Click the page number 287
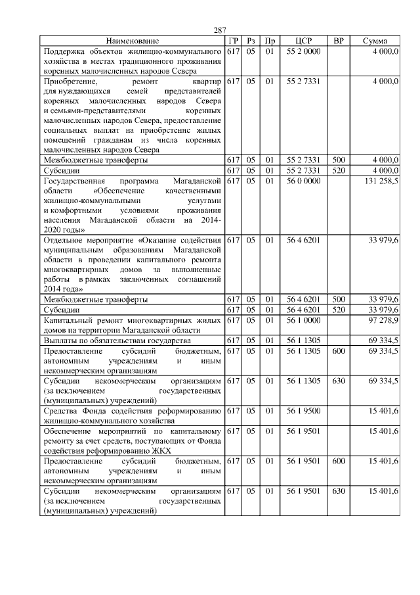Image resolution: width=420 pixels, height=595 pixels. click(220, 31)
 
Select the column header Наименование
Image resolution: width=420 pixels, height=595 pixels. click(132, 41)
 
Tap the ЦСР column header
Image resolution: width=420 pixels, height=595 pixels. click(303, 41)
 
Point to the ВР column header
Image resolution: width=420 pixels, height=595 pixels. click(339, 41)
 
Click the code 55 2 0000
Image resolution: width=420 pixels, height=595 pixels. click(303, 51)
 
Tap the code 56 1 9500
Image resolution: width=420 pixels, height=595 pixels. click(303, 410)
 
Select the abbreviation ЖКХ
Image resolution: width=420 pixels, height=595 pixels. click(158, 450)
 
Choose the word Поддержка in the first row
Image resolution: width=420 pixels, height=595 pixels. click(64, 51)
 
